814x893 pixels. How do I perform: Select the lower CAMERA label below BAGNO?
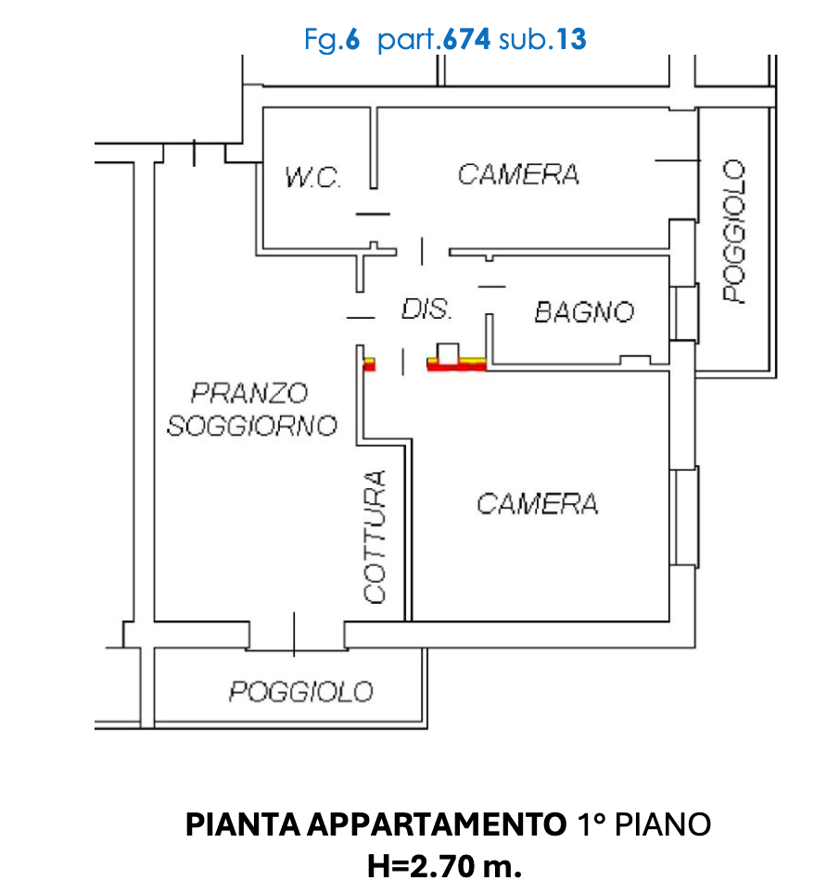[x=537, y=503]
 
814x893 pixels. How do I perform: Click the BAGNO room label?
[x=584, y=311]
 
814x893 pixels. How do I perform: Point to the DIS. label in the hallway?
[x=426, y=308]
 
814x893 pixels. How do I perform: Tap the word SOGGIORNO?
[x=250, y=426]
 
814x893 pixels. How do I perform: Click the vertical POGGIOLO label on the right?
[x=734, y=232]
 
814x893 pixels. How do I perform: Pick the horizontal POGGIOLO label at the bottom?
[x=302, y=691]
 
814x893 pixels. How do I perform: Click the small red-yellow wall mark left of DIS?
[x=368, y=364]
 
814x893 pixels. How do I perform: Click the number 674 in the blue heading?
[x=467, y=40]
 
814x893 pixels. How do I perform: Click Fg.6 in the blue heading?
[x=331, y=40]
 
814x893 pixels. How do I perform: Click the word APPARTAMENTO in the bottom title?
[x=434, y=824]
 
